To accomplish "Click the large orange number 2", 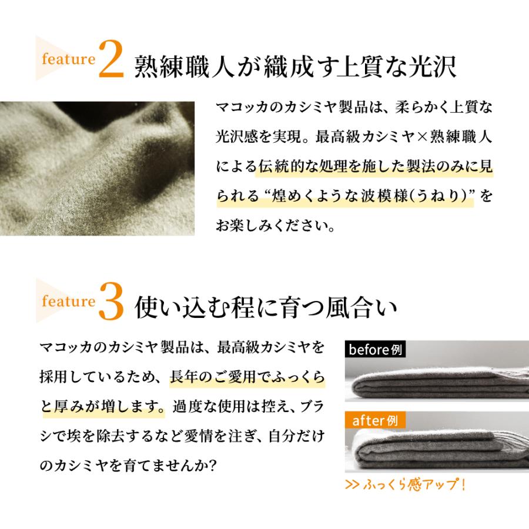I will pos(111,59).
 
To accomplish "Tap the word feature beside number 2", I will pos(68,59).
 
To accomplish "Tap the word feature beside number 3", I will pos(68,302).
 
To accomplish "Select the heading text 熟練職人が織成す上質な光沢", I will pos(296,65).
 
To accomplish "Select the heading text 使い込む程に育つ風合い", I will pos(266,307).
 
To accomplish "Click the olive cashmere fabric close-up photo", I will pos(97,169).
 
